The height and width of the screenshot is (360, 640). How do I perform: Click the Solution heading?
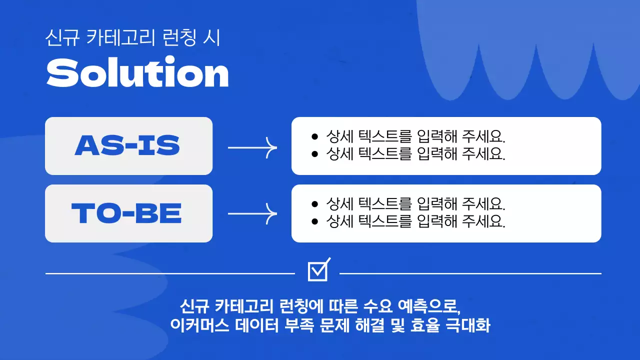point(137,73)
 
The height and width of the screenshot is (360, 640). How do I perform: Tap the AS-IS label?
point(127,145)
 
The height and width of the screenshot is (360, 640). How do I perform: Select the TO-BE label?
point(127,213)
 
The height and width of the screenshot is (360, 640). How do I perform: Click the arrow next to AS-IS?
point(252,147)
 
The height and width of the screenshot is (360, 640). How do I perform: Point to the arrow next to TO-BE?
point(252,214)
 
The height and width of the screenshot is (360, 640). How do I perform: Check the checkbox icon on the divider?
point(318,270)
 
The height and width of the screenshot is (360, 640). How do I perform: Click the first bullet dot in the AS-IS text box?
point(314,136)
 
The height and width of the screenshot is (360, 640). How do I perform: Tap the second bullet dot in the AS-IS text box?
point(314,153)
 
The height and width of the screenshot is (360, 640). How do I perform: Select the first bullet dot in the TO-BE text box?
point(314,204)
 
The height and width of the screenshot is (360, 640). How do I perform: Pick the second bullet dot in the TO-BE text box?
point(314,221)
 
